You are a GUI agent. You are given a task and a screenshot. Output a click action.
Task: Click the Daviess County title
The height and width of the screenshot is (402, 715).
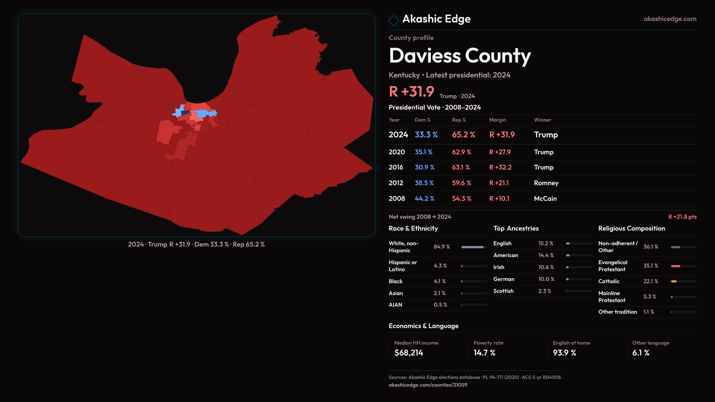[x=460, y=56]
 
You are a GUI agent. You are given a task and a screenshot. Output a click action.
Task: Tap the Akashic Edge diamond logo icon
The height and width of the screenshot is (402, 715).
[x=394, y=20]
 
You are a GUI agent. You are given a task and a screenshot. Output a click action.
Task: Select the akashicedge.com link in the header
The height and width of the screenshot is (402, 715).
[x=670, y=19]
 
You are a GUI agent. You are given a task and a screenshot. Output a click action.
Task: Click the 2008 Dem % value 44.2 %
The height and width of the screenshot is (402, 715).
[x=425, y=199]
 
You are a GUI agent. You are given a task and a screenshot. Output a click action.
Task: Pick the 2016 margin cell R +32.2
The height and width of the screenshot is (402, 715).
[x=500, y=167]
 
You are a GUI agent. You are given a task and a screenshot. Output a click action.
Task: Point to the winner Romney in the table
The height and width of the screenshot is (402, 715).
[x=546, y=183]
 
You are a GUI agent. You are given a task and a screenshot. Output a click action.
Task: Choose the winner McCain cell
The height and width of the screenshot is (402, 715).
[x=545, y=199]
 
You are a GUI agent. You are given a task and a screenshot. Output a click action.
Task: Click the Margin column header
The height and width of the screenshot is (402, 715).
[x=498, y=120]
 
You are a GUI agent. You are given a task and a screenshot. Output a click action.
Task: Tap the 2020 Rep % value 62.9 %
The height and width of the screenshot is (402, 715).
[x=461, y=152]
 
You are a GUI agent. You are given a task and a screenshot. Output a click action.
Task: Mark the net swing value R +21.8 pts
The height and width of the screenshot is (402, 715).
[x=682, y=217]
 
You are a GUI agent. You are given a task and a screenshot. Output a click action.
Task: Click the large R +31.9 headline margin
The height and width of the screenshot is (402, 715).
[x=411, y=92]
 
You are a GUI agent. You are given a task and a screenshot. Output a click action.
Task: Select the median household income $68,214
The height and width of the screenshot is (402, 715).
[x=409, y=353]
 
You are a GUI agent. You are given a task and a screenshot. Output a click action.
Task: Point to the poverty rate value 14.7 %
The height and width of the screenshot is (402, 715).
[x=484, y=353]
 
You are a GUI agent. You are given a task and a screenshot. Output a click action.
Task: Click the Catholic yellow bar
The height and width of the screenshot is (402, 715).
[x=674, y=281]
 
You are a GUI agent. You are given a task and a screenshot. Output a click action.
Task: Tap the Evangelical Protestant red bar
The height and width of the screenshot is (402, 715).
[x=676, y=266]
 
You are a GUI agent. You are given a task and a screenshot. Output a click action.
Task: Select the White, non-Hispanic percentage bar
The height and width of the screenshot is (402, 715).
[x=472, y=247]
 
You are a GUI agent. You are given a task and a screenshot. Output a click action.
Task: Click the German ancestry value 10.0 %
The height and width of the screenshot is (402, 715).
[x=546, y=279]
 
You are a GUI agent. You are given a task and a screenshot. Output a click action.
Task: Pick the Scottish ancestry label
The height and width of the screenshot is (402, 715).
[x=503, y=291]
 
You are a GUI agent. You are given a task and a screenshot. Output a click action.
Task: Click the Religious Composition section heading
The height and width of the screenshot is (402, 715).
[x=631, y=229]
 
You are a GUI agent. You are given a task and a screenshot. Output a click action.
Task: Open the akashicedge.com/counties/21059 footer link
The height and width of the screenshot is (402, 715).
[x=428, y=385]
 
